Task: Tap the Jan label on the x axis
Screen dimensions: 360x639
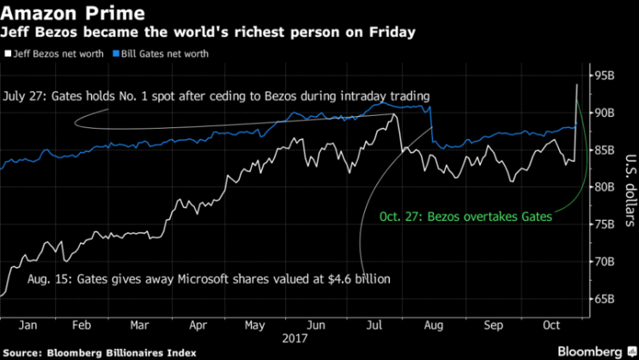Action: tap(28, 326)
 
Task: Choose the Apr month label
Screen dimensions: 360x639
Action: tap(198, 326)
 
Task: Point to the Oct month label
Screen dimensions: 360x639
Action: tap(550, 326)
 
